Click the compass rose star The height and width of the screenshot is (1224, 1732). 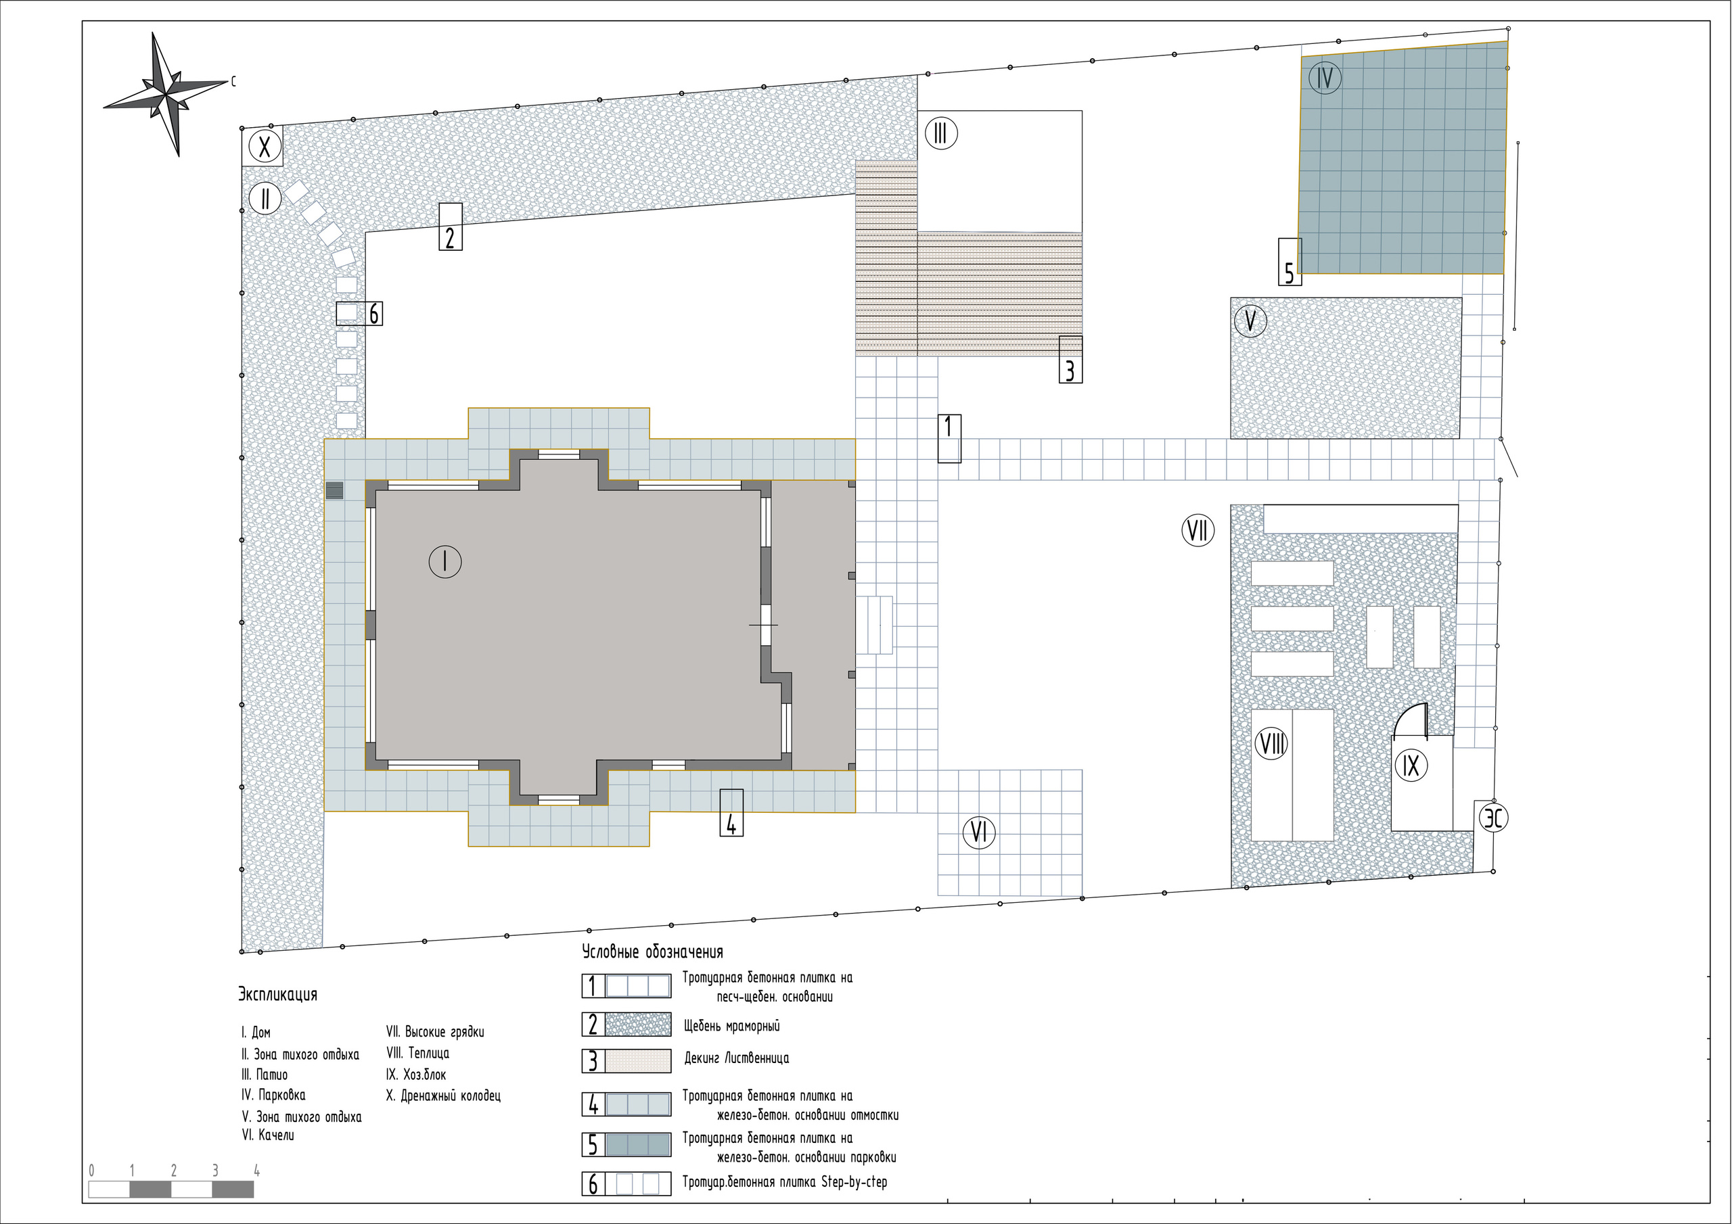coord(165,94)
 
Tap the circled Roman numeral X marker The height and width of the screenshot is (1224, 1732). coord(265,146)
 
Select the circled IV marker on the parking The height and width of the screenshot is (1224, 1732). coord(1325,78)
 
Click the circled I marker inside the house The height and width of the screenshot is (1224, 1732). coord(445,562)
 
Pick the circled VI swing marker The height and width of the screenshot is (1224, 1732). coord(979,832)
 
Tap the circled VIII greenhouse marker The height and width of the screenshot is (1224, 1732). coord(1271,745)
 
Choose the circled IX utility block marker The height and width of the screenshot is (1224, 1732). coord(1411,766)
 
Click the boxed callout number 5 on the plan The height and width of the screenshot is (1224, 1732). coord(1290,262)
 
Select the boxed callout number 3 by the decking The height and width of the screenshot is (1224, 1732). coord(1070,359)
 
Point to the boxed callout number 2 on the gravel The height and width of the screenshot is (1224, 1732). coord(451,227)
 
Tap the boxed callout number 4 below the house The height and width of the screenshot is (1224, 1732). coord(731,812)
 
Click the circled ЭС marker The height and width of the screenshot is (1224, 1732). coord(1494,818)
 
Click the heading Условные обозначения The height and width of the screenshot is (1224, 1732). coord(652,951)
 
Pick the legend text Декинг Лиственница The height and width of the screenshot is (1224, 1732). coord(736,1058)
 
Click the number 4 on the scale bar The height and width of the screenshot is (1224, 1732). coord(256,1171)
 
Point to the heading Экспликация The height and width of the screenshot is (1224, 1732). coord(277,995)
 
